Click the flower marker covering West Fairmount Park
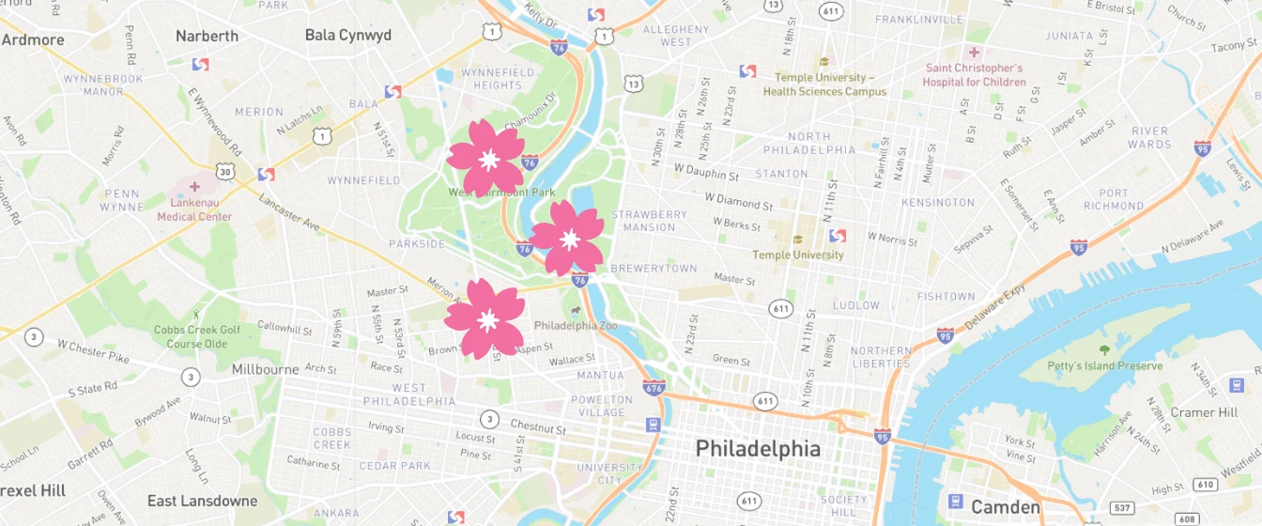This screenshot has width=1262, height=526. pyautogui.click(x=485, y=159)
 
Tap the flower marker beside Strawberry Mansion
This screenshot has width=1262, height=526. pyautogui.click(x=567, y=239)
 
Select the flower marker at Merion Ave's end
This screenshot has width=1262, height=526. pyautogui.click(x=485, y=319)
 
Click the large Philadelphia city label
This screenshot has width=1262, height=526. pyautogui.click(x=757, y=449)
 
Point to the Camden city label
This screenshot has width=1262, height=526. pyautogui.click(x=1005, y=507)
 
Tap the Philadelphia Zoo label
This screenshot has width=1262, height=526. pyautogui.click(x=576, y=325)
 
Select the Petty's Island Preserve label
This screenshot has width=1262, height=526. pyautogui.click(x=1104, y=366)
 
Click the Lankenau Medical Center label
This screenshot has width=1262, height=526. pyautogui.click(x=194, y=209)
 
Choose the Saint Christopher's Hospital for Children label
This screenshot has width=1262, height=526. pyautogui.click(x=975, y=75)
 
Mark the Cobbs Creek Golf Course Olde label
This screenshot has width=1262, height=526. pyautogui.click(x=197, y=336)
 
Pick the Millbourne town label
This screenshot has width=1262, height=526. pyautogui.click(x=265, y=369)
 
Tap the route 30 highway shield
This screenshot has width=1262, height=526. pyautogui.click(x=224, y=171)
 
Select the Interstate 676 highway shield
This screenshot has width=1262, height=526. pyautogui.click(x=654, y=387)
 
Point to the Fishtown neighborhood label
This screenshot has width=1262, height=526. pyautogui.click(x=946, y=297)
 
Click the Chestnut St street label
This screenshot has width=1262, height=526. pyautogui.click(x=538, y=427)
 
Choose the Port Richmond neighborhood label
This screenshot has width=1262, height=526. pyautogui.click(x=1113, y=199)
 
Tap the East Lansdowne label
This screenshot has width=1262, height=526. pyautogui.click(x=202, y=501)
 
